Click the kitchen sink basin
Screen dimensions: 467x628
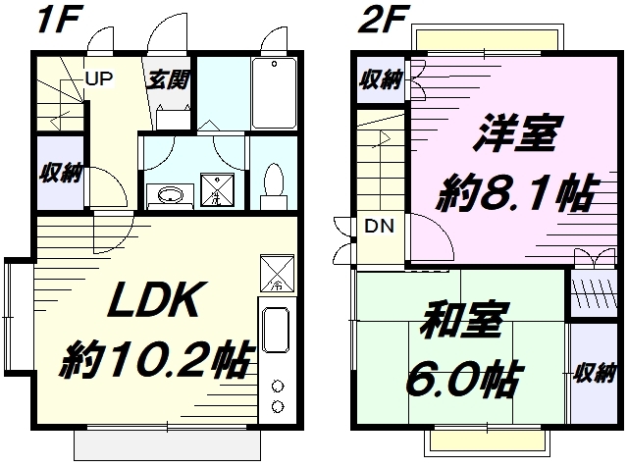pyautogui.click(x=276, y=334)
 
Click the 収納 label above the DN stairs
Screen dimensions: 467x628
pyautogui.click(x=379, y=79)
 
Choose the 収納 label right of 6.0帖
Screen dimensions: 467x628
pyautogui.click(x=595, y=373)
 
